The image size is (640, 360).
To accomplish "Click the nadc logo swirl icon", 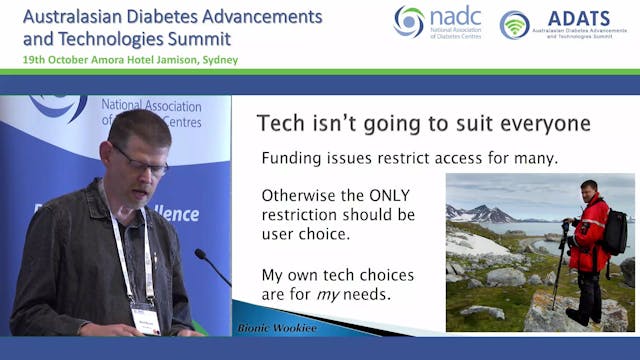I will pos(409,21).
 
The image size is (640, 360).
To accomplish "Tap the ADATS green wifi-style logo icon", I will pos(515,25).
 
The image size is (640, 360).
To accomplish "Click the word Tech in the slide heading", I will pos(281,124).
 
